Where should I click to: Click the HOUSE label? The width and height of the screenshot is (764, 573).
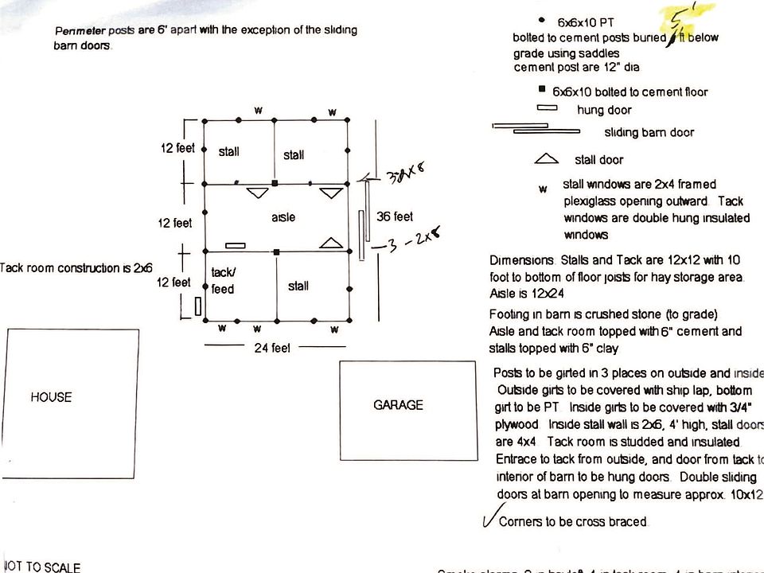click(x=51, y=397)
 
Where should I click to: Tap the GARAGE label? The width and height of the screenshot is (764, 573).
click(x=398, y=405)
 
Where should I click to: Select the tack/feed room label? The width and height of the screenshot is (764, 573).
click(x=223, y=281)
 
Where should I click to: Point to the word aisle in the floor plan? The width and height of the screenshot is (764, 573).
click(x=283, y=217)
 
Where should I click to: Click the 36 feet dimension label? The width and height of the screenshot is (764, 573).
click(x=394, y=216)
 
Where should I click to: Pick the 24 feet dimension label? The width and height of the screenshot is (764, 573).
click(x=272, y=348)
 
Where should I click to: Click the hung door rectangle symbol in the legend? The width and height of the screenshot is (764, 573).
click(x=547, y=108)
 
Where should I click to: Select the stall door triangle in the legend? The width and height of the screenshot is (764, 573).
click(x=547, y=159)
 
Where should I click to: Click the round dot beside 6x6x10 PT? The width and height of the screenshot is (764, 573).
click(x=542, y=19)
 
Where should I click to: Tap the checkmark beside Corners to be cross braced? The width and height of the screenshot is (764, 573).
click(x=490, y=519)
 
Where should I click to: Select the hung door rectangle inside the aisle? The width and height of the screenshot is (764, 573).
click(x=236, y=245)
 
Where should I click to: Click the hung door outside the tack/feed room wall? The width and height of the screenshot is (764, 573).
click(x=197, y=306)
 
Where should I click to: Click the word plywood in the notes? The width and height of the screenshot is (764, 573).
click(x=516, y=425)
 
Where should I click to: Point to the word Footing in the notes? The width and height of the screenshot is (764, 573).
click(x=509, y=314)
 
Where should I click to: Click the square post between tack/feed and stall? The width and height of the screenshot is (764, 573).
click(x=275, y=251)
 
